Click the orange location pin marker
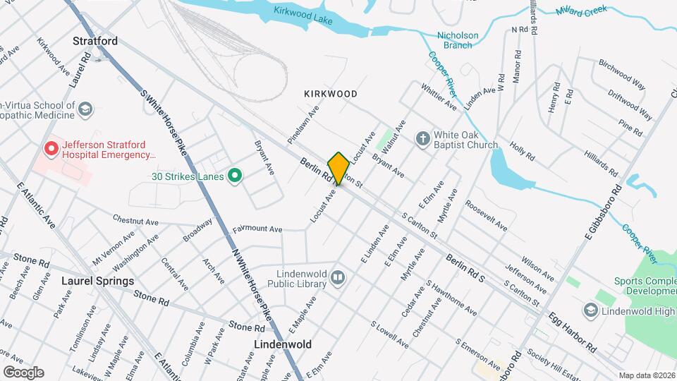coord(338,168)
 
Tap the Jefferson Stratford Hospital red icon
coord(50,149)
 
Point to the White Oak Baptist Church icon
coord(422,138)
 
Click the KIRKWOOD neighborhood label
coord(331,94)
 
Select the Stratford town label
coord(95,41)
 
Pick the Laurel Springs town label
coord(98,281)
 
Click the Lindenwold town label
coord(283,344)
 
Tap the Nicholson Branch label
coord(458,40)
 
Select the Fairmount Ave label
coord(258,229)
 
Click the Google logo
coord(23,372)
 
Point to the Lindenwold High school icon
coord(590,310)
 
